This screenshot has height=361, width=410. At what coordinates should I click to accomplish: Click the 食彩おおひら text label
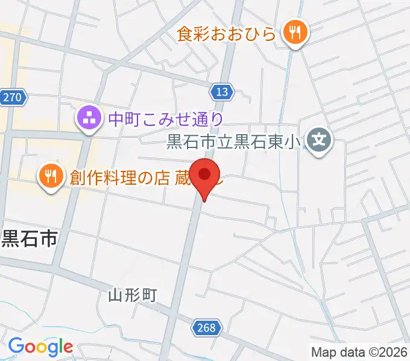tap(227, 34)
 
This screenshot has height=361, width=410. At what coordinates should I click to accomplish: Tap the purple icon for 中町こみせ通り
tap(89, 119)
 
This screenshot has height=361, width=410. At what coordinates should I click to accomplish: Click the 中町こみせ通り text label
tap(166, 119)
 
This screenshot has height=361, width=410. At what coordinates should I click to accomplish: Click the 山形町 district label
tap(133, 295)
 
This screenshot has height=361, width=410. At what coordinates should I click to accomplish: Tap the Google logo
tap(40, 347)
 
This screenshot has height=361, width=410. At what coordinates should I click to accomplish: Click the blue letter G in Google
tap(16, 347)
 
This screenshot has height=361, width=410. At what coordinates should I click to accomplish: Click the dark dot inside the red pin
tap(205, 174)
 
